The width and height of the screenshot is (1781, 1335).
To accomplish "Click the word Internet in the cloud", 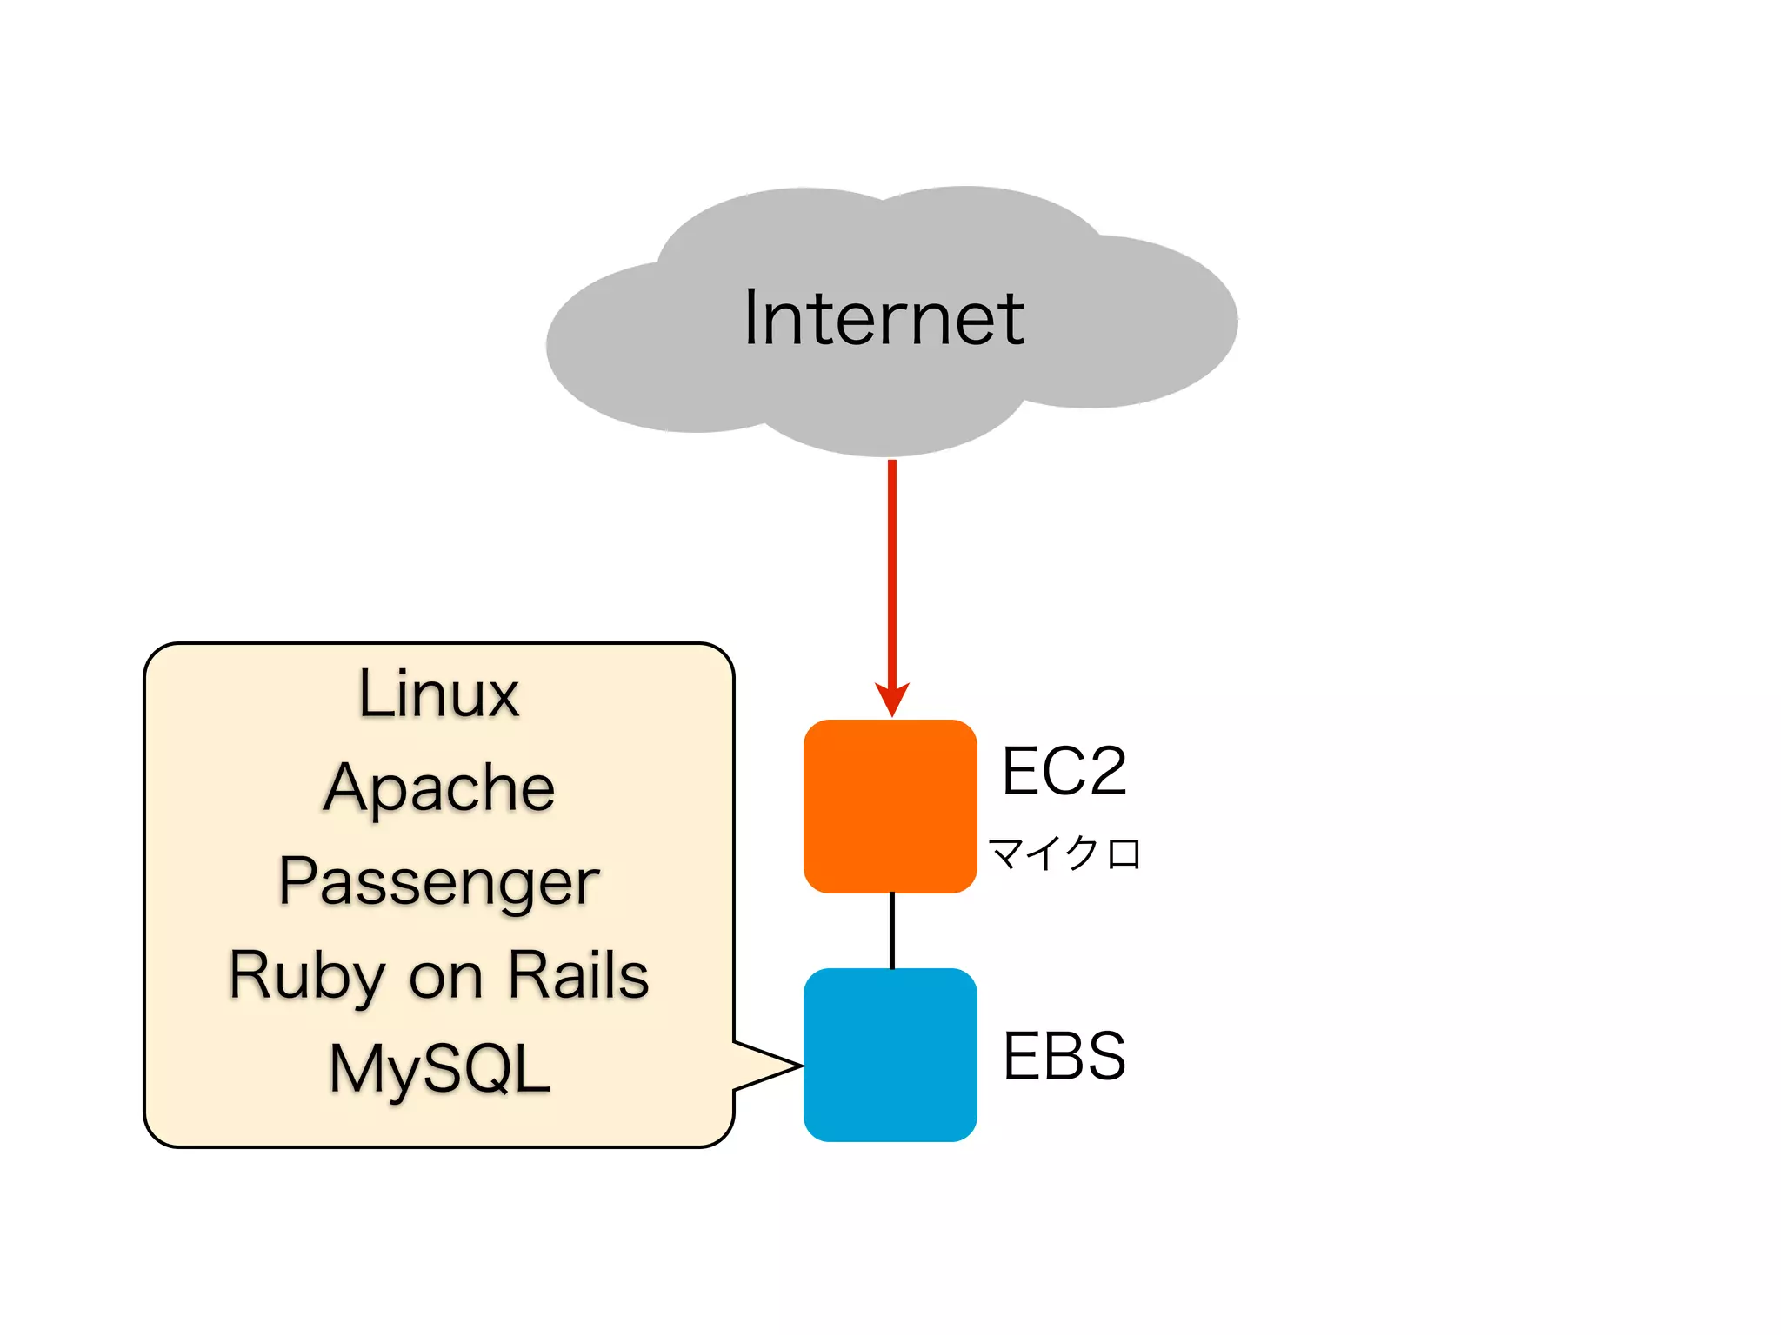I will pos(884,318).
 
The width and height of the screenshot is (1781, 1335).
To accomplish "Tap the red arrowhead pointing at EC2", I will pos(891,697).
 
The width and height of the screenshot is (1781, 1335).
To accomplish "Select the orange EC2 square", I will pos(890,806).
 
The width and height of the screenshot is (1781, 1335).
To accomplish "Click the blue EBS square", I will pos(890,1054).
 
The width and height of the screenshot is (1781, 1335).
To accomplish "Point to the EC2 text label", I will pos(1064,771).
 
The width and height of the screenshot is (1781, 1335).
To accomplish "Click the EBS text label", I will pos(1064,1056).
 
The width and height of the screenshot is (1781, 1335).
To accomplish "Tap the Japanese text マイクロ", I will pos(1064,853).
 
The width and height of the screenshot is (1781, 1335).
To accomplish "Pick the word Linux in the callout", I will pos(438,694).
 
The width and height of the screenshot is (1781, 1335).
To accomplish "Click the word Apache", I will pos(438,788).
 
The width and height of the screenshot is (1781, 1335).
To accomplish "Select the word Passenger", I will pos(438,882).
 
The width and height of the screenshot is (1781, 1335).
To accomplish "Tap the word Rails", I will pos(578,975).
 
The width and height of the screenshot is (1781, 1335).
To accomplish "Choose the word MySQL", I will pos(440,1069).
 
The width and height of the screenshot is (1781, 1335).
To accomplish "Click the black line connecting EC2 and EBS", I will pos(891,930).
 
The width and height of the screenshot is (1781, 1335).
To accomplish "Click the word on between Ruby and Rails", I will pos(445,979).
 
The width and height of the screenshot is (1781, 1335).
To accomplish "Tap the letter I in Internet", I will pos(750,318).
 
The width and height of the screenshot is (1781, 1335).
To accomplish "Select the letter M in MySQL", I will pos(357,1067).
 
